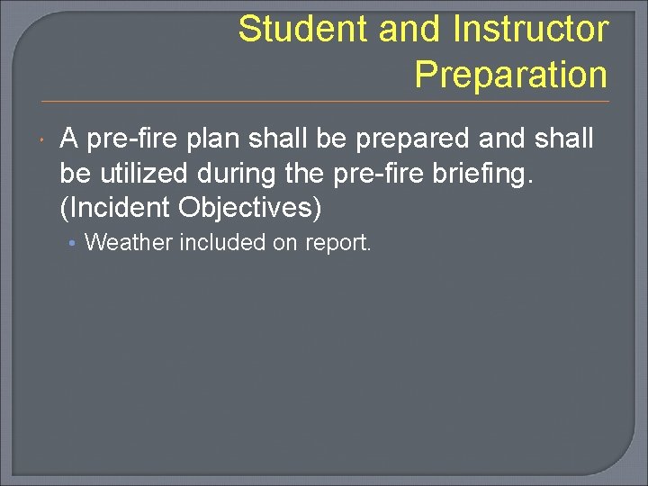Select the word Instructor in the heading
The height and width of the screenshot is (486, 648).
(x=530, y=30)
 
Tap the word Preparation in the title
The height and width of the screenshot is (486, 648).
(x=511, y=75)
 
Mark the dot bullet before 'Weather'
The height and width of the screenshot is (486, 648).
(x=75, y=243)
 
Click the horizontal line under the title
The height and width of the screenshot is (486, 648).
(x=324, y=101)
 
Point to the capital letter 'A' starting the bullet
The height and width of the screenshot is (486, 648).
(x=69, y=139)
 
